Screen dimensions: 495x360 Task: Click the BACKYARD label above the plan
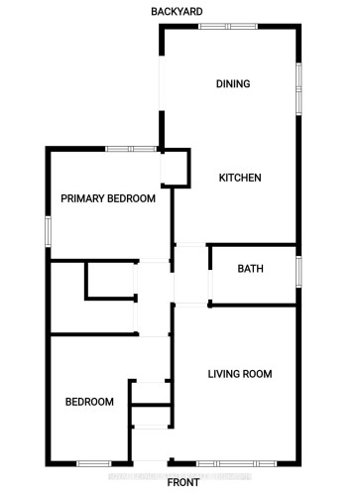[x=178, y=11]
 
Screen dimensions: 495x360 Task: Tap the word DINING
[x=232, y=84]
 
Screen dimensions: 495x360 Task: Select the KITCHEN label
[x=239, y=179]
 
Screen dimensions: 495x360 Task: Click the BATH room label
[x=249, y=269]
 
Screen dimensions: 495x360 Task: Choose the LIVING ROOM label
[x=239, y=374]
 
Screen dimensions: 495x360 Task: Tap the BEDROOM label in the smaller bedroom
[x=89, y=402]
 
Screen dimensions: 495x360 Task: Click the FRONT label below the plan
[x=182, y=483]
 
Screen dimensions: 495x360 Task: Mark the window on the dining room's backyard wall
[x=228, y=27]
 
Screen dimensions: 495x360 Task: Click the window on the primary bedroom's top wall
[x=132, y=149]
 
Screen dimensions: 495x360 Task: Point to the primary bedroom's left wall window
[x=48, y=228]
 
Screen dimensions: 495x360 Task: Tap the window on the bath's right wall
[x=297, y=270]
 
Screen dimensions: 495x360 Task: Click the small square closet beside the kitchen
[x=176, y=169]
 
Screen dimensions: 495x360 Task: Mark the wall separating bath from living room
[x=252, y=307]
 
